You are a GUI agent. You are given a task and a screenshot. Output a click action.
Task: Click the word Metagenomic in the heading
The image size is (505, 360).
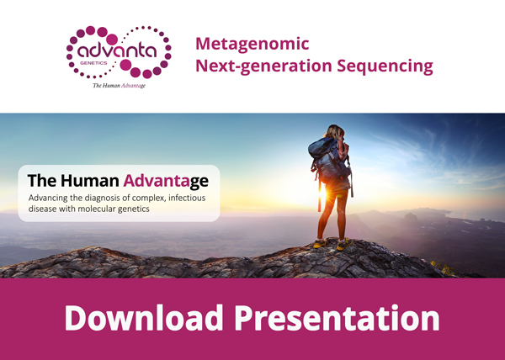coord(252,45)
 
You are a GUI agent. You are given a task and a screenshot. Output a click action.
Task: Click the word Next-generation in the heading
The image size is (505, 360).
coord(263,66)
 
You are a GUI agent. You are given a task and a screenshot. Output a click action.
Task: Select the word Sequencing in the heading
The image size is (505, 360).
coord(385,66)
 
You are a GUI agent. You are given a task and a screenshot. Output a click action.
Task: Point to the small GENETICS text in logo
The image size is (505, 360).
coord(93,63)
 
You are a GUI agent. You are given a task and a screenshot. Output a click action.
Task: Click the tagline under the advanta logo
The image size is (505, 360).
coord(120,86)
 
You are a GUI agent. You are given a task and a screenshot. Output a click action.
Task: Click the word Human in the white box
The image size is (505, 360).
coord(90,181)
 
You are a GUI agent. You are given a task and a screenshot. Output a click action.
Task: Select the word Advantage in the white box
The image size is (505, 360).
coord(166,182)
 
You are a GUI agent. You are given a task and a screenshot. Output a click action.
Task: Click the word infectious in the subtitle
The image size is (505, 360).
coord(187,198)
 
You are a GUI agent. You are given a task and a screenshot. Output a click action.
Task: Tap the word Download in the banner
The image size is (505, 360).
coord(144,318)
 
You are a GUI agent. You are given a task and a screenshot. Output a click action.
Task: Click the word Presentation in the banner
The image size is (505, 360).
coord(337,319)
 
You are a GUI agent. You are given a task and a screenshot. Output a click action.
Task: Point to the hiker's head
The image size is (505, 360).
coord(335,131)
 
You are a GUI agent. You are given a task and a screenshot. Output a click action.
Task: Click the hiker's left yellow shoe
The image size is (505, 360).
coord(320,243)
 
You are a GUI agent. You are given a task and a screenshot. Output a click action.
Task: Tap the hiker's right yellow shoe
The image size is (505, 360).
coord(344,245)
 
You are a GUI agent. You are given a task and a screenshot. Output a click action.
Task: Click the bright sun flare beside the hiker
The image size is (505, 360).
coord(322,193)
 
